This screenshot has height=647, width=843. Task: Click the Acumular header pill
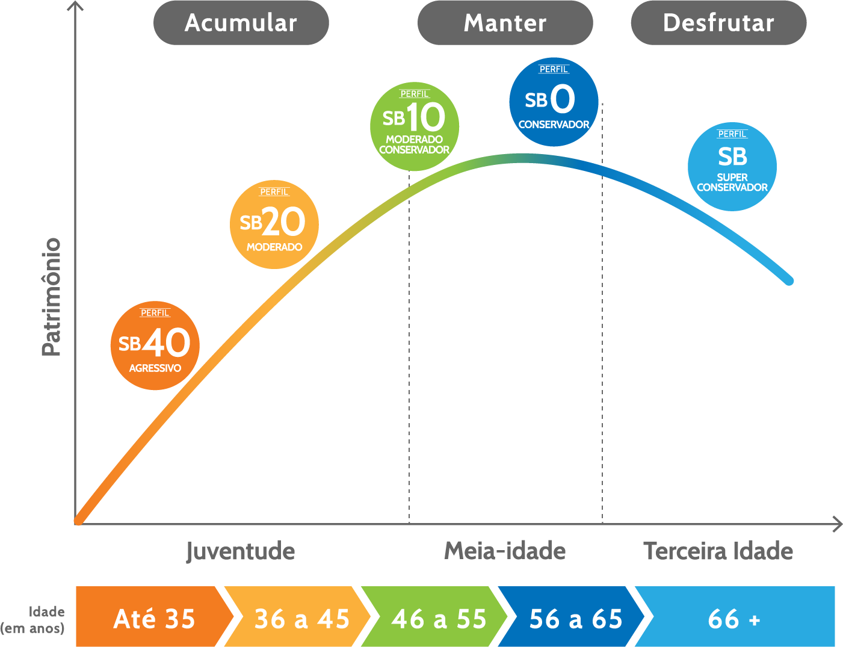coord(241,23)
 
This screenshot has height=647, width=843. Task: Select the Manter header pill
coord(505,23)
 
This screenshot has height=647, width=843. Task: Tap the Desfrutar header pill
coord(718,23)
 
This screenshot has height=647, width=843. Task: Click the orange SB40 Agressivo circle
coord(155,345)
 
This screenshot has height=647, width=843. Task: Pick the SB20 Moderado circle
coord(274,224)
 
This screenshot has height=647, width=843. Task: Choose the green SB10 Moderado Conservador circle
coord(415,126)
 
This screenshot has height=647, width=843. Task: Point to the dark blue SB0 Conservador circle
coord(554,102)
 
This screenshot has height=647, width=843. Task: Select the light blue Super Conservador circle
coord(732,167)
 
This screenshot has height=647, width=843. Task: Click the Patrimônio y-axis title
coord(52,297)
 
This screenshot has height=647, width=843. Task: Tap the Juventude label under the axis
coord(240,551)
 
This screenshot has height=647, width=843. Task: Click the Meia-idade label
coord(505,551)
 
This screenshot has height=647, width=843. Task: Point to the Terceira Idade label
coord(718,551)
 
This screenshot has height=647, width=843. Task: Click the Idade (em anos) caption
coord(33,620)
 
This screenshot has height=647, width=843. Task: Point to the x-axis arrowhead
coord(837,524)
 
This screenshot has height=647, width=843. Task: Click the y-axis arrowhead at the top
coord(75,6)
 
